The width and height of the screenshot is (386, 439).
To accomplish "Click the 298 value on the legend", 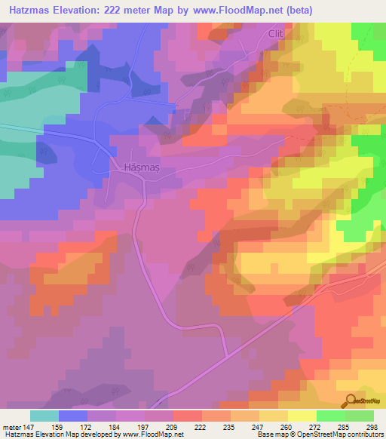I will tap(369, 427).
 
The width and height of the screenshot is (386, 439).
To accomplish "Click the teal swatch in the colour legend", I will tap(44, 416).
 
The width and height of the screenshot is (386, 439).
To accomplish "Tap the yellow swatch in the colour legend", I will tap(302, 416).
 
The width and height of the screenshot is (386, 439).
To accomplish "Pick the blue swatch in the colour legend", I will tap(73, 416).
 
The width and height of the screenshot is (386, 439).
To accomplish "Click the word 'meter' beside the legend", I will tap(13, 427).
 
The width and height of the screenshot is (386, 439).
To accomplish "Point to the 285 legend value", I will tap(342, 427).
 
